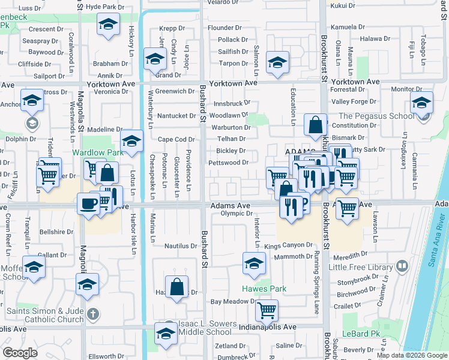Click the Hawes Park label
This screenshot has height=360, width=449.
tap(264, 289)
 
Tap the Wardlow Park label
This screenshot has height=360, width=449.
tap(98, 152)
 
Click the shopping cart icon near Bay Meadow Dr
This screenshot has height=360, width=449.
tap(267, 310)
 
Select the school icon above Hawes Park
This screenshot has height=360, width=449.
tap(254, 263)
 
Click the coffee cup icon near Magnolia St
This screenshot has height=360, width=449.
tap(88, 203)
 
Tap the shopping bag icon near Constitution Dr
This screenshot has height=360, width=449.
tap(315, 125)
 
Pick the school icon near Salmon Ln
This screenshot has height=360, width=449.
tap(277, 62)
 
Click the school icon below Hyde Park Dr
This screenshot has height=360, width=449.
tap(108, 24)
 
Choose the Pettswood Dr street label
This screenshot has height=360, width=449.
tap(228, 163)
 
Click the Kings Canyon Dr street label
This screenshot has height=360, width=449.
tap(289, 245)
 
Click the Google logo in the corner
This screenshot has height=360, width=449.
tap(20, 353)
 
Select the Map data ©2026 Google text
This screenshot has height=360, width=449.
tap(411, 355)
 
